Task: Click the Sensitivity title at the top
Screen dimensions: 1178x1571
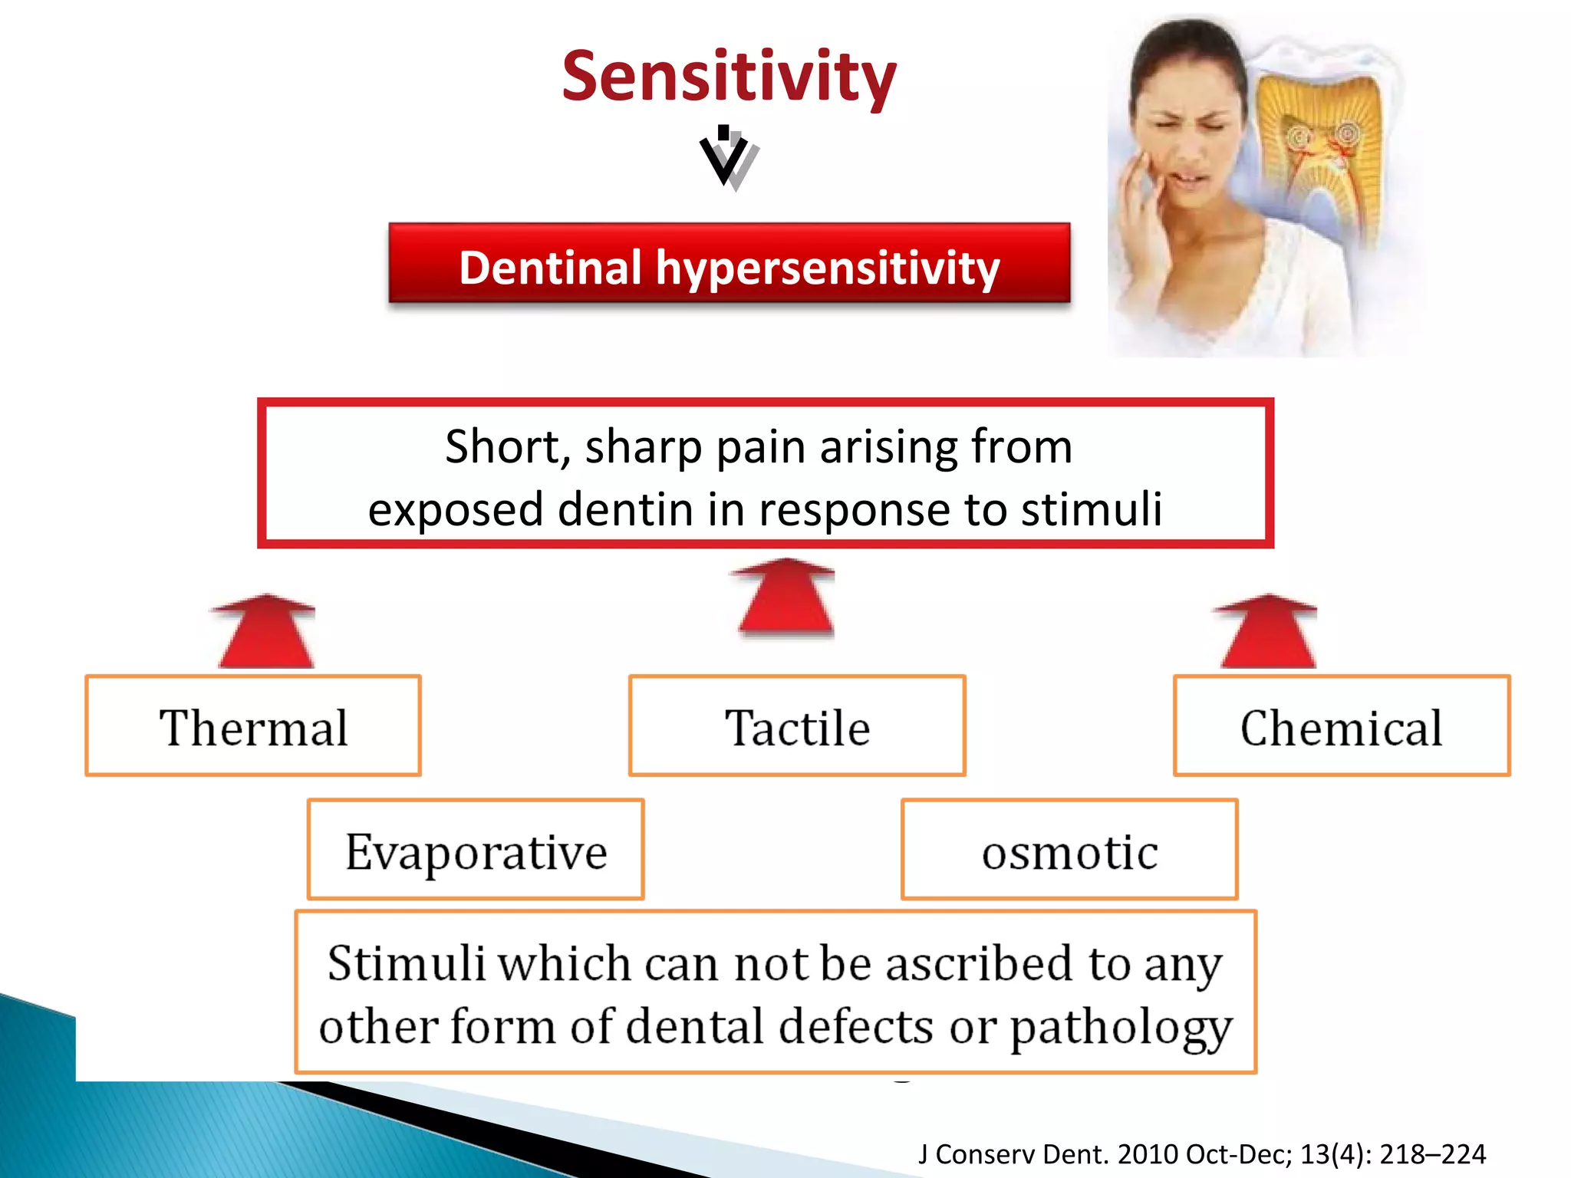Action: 729,77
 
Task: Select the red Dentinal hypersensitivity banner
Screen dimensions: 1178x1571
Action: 729,264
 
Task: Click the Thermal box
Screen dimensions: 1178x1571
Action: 253,726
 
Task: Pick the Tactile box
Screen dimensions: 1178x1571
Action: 797,726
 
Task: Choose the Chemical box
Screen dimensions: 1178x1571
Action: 1341,726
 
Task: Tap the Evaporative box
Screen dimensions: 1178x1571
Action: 476,850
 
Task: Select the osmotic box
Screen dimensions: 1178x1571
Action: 1069,850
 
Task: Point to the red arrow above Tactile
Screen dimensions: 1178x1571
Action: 784,598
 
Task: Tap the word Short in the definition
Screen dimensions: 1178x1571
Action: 506,446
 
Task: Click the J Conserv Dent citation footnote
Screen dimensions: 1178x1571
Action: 1201,1154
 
